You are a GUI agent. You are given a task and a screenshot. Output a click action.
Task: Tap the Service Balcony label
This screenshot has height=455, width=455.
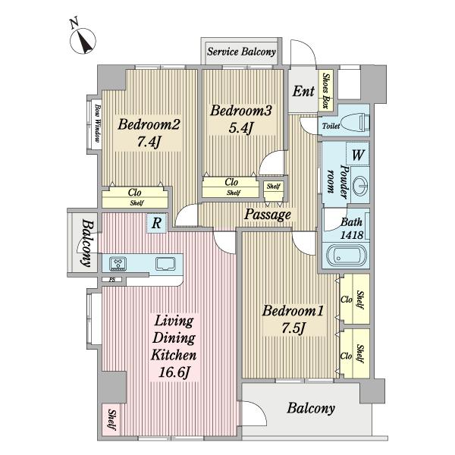[x=241, y=52]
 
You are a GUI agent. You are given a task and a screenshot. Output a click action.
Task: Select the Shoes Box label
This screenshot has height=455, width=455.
[x=326, y=90]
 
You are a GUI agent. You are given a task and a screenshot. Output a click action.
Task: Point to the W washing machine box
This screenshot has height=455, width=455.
[x=357, y=154]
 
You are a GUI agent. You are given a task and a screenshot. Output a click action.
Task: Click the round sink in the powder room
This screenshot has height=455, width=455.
[x=360, y=185]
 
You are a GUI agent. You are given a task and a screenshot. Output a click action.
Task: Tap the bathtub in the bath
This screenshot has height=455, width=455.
[x=347, y=256]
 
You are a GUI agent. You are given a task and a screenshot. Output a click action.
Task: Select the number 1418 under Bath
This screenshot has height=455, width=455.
[x=351, y=235]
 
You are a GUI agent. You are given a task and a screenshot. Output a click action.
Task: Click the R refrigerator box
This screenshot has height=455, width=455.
[x=156, y=223]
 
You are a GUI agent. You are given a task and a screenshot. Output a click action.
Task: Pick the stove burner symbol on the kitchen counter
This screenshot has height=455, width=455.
[x=118, y=264]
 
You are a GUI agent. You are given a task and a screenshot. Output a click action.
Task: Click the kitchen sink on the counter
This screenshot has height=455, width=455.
[x=165, y=264]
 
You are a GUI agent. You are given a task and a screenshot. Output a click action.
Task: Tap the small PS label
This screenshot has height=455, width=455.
[x=111, y=280]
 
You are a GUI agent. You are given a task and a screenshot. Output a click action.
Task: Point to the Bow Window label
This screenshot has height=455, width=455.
[x=97, y=124]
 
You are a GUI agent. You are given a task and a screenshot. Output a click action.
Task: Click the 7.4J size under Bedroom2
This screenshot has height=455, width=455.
[x=149, y=143]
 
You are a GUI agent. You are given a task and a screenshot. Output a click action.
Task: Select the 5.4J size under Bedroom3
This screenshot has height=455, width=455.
[x=241, y=128]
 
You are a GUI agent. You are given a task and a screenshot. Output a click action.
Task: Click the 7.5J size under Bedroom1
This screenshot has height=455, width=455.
[x=293, y=328]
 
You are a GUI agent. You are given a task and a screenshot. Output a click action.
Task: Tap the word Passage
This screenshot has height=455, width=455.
[x=267, y=215]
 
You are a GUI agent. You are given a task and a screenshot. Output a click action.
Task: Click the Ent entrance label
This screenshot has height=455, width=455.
[x=303, y=91]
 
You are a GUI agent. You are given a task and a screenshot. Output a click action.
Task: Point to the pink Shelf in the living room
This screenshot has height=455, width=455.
[x=111, y=419]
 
